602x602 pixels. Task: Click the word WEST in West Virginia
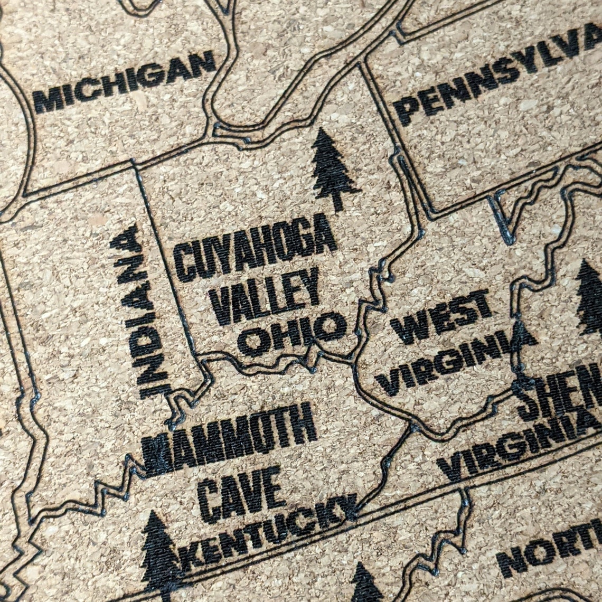click(x=441, y=316)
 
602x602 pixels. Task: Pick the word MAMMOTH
click(x=230, y=438)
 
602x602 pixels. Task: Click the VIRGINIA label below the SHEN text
click(x=520, y=446)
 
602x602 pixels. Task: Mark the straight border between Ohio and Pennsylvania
click(x=393, y=137)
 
